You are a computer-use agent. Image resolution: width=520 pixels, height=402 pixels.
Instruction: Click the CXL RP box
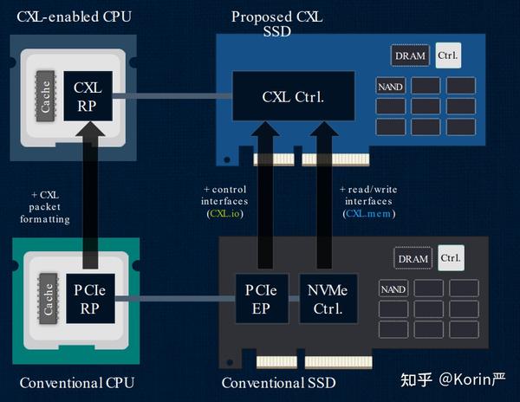[x=88, y=96]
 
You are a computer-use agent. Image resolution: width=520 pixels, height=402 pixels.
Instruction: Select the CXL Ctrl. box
[x=293, y=96]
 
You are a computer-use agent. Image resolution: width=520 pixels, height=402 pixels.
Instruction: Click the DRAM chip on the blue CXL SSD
[x=410, y=56]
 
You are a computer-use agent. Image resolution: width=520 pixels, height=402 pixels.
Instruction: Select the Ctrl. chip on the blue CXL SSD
[x=448, y=55]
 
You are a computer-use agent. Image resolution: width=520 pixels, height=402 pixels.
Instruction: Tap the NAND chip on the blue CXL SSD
[x=391, y=86]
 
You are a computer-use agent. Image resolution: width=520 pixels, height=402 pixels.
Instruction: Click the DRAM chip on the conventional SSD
[x=413, y=258]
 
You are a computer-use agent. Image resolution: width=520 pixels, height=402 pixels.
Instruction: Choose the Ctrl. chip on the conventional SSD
[x=451, y=257]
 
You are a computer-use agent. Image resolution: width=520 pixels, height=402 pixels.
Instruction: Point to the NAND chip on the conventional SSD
[x=393, y=289]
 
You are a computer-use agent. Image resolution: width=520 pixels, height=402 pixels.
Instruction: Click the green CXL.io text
[x=224, y=212]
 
